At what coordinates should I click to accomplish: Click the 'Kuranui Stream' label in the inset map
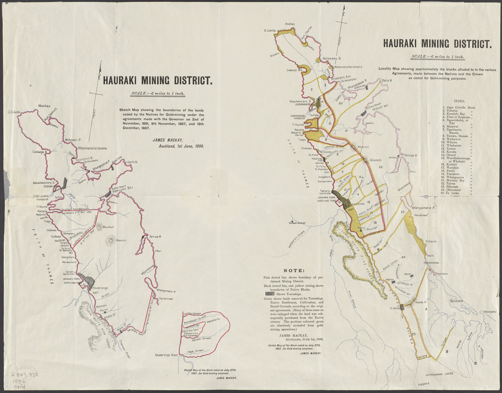(193, 314)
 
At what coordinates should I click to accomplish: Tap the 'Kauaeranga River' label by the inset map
(166, 355)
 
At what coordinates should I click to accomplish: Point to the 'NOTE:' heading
(294, 271)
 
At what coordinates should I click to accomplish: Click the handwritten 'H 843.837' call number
(25, 375)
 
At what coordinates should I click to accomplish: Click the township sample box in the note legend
(270, 293)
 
